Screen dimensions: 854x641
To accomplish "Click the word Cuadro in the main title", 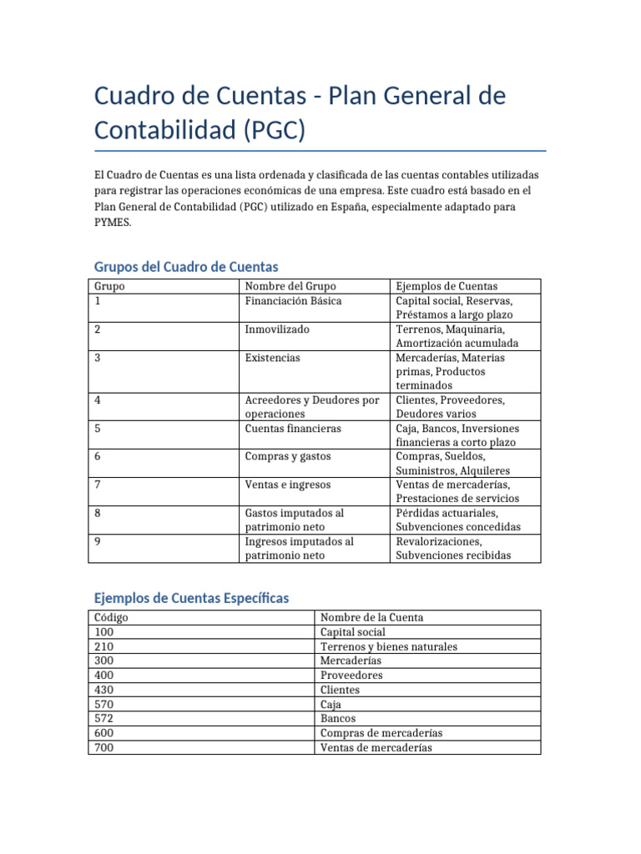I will click(138, 97).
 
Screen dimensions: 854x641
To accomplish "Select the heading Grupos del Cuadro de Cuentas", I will click(186, 266).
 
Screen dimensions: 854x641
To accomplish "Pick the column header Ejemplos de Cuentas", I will click(447, 286).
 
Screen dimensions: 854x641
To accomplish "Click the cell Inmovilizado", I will click(277, 329).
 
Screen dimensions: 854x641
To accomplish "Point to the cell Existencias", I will click(273, 358).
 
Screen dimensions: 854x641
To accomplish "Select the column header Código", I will click(112, 618).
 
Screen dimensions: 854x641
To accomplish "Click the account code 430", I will click(105, 690).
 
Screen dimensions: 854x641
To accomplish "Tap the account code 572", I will click(105, 718).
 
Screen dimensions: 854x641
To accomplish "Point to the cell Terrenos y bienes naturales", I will click(388, 646).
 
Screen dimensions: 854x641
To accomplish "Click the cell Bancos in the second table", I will click(338, 718).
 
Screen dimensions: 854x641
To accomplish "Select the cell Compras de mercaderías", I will click(381, 733).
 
